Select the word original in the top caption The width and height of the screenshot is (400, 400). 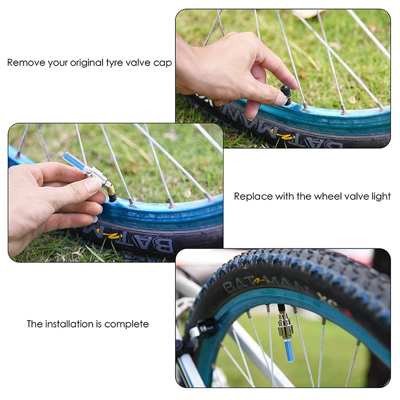[85, 63]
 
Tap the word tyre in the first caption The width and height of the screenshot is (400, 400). [117, 63]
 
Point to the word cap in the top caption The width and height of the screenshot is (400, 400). [163, 63]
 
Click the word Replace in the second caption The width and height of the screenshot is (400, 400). [252, 196]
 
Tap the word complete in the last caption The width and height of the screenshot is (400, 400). [127, 324]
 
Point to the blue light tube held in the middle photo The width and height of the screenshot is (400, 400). [74, 163]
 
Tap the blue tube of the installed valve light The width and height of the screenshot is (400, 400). [289, 350]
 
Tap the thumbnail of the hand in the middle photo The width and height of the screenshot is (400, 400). [93, 185]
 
